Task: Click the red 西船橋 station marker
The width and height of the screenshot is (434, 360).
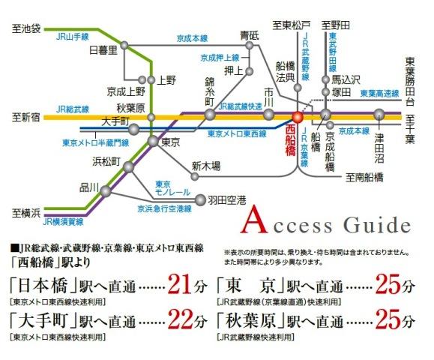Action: coord(297,117)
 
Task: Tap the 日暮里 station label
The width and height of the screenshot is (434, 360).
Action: coord(103,50)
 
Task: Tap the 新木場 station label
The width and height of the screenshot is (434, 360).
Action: coord(205,166)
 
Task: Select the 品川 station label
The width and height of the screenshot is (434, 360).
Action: coord(88,188)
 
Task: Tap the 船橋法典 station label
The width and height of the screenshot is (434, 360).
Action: coord(284,70)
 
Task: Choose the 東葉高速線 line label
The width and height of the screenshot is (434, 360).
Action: coord(379,94)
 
